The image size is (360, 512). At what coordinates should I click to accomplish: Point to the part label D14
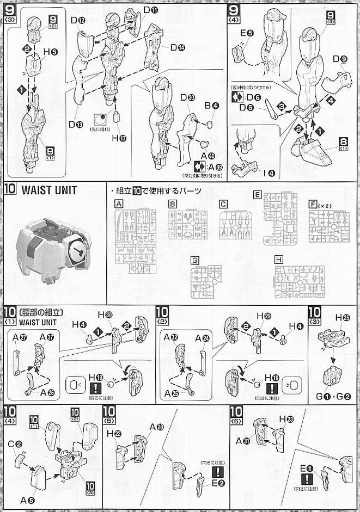tap(178, 47)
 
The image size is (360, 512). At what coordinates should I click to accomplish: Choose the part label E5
tap(247, 33)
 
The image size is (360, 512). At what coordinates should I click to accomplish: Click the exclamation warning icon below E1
tap(308, 479)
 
